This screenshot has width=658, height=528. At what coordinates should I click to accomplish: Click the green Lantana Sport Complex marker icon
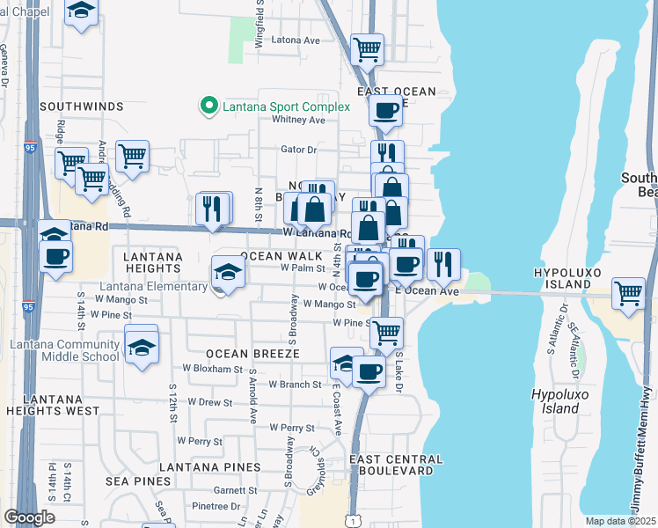(209, 106)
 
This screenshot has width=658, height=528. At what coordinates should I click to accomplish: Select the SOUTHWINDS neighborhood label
(82, 106)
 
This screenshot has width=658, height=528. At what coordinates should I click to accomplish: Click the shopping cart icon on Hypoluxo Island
(628, 293)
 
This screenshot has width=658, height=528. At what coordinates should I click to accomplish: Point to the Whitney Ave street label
(299, 120)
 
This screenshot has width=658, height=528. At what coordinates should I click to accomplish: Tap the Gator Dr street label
(298, 149)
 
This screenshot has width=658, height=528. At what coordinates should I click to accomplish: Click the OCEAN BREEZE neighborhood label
(253, 353)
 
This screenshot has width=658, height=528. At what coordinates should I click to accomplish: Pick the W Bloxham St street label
(212, 369)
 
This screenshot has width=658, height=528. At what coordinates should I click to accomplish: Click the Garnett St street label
(233, 490)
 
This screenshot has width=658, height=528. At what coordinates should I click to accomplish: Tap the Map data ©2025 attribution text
(620, 521)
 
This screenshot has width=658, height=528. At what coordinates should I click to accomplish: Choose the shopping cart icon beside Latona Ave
(367, 48)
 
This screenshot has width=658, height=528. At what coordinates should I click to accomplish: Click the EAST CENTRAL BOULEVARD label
(396, 466)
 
